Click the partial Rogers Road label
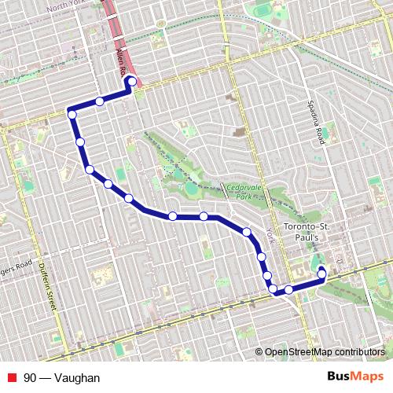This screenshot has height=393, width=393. click(16, 264)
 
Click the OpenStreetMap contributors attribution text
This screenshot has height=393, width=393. click(325, 352)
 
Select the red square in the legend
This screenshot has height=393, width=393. click(12, 378)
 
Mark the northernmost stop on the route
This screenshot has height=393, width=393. click(132, 82)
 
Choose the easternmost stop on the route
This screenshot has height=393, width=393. click(321, 274)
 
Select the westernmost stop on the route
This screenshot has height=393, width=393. click(72, 115)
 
